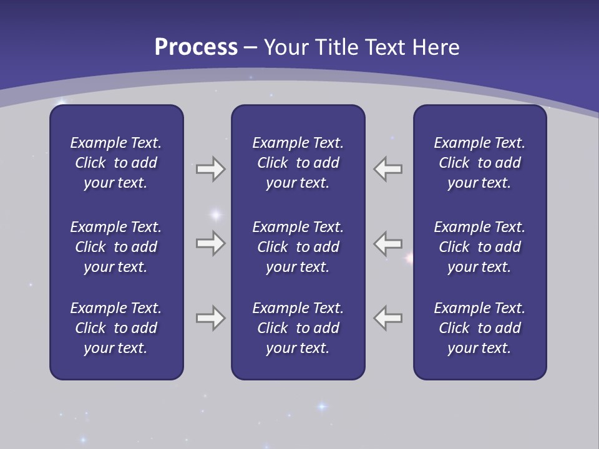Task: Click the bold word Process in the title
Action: (196, 47)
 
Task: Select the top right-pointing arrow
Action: (211, 169)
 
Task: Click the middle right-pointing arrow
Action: (211, 243)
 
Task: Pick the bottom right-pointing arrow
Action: (211, 318)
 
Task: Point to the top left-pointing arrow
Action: (387, 169)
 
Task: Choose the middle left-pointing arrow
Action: (387, 243)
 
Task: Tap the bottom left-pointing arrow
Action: (387, 318)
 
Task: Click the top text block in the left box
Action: (116, 163)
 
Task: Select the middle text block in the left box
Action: (116, 247)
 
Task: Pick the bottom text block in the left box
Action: (116, 328)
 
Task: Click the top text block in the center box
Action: (298, 163)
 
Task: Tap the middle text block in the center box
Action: (298, 247)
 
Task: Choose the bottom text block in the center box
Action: (298, 328)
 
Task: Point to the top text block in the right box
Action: (480, 163)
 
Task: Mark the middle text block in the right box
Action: (480, 247)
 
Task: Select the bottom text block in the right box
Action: (480, 328)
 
